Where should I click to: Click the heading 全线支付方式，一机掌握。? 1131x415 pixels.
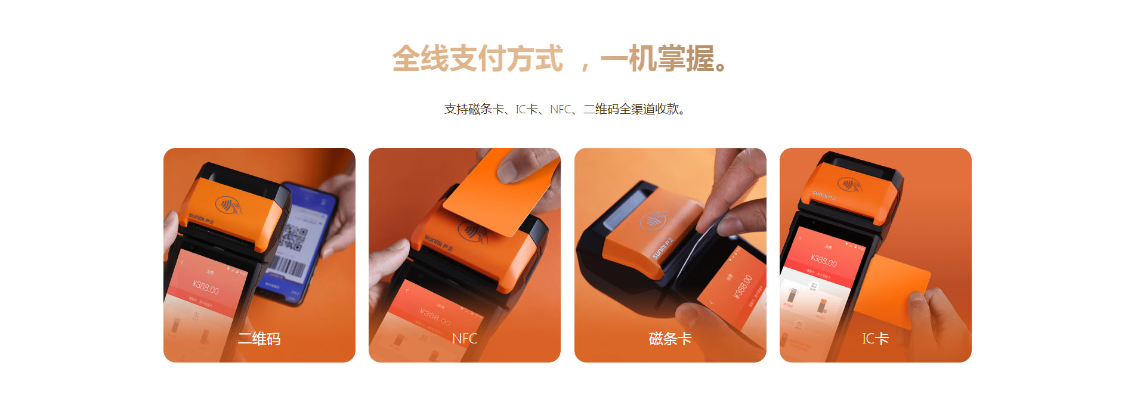tap(561, 59)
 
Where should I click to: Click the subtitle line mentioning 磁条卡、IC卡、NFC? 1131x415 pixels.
tap(565, 109)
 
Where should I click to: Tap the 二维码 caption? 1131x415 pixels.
tap(259, 339)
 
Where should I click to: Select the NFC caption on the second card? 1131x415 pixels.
tap(464, 339)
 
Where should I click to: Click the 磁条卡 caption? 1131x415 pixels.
tap(670, 339)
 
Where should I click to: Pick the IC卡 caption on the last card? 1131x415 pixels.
tap(875, 339)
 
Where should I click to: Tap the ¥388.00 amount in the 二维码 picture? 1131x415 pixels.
tap(206, 287)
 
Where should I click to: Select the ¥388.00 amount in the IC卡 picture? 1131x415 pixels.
tap(823, 260)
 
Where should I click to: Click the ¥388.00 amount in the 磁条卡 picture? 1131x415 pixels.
tap(741, 287)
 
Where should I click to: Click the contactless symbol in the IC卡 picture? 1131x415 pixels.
tap(849, 184)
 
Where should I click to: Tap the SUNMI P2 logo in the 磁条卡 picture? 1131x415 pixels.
tap(662, 248)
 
